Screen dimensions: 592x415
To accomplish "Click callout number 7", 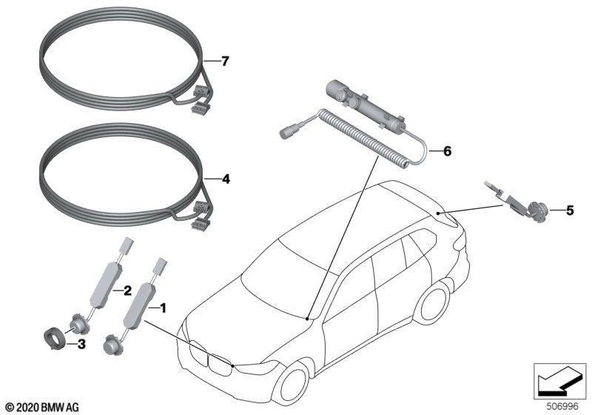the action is point(225,61).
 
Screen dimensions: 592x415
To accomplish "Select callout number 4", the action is point(226,179).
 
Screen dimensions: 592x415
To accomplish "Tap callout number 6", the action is point(447,151).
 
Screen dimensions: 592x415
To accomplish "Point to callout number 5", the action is point(570,210).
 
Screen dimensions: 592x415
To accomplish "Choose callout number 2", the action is point(127,290).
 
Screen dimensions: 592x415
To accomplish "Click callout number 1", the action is point(163,308).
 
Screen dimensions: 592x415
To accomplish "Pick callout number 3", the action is point(81,344).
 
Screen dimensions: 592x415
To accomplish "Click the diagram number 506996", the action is point(562,406).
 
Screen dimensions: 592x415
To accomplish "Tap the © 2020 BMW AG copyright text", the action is point(43,407).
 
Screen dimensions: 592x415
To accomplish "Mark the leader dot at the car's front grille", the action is point(232,365).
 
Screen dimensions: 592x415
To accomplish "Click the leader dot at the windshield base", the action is point(308,319).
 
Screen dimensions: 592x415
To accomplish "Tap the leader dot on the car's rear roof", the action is point(437,213).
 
